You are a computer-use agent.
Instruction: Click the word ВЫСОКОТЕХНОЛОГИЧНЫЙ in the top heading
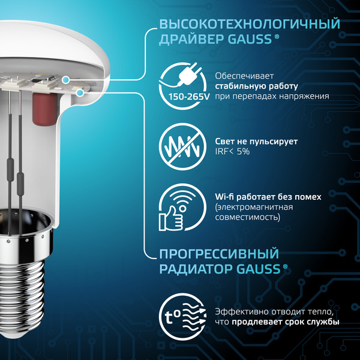click(x=246, y=24)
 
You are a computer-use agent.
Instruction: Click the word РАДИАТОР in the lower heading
click(x=189, y=269)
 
